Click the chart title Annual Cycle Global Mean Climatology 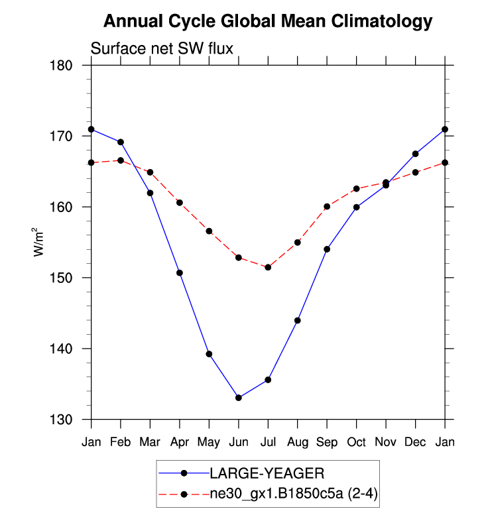click(268, 22)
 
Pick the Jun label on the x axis click(238, 441)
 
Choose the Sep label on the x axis click(327, 442)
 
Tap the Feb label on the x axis click(120, 441)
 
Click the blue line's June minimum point click(238, 398)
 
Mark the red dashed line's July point click(268, 267)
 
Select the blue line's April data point click(179, 273)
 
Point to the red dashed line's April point click(179, 203)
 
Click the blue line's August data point click(298, 321)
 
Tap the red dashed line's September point click(327, 207)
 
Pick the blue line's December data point click(416, 154)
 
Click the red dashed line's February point click(120, 160)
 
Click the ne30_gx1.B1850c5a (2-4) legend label click(292, 493)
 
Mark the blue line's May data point click(209, 354)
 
